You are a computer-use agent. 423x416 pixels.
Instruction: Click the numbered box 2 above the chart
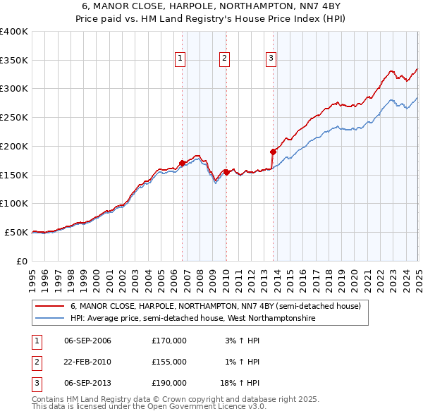tap(224, 59)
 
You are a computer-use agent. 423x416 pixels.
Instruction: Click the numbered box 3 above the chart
tap(271, 59)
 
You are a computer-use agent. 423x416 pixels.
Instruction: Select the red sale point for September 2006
tap(182, 163)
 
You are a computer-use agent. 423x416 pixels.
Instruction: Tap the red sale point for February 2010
tap(226, 171)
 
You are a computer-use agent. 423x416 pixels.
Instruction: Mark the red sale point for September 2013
tap(272, 151)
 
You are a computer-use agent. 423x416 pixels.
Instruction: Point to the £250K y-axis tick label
tap(13, 117)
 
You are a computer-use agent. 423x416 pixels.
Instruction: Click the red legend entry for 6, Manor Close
tap(215, 307)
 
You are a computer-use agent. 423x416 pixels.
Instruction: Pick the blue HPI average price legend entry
tap(192, 319)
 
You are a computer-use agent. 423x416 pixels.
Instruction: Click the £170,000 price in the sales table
tap(169, 341)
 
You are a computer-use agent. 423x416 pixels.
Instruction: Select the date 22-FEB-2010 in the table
tap(87, 362)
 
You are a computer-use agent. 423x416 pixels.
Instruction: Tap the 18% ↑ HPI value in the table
tap(244, 383)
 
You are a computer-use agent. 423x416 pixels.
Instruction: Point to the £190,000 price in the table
tap(169, 383)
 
